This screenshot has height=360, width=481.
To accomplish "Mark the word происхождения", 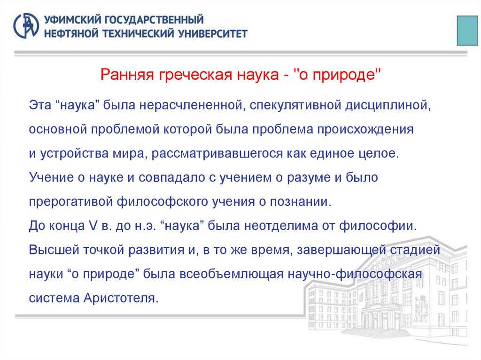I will click(373, 130).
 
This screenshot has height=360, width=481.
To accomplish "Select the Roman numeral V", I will click(93, 225).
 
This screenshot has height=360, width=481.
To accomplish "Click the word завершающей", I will click(355, 249).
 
